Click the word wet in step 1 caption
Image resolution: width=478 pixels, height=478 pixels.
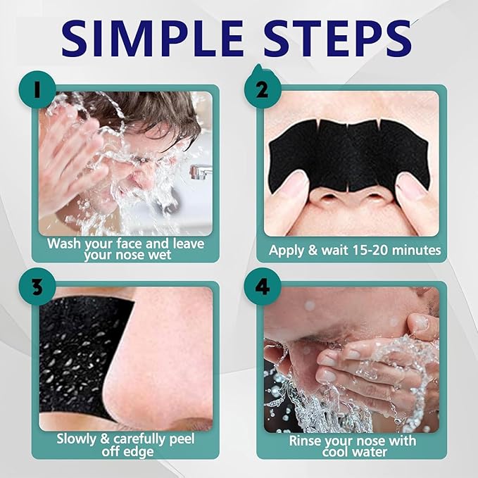[x=158, y=255]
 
